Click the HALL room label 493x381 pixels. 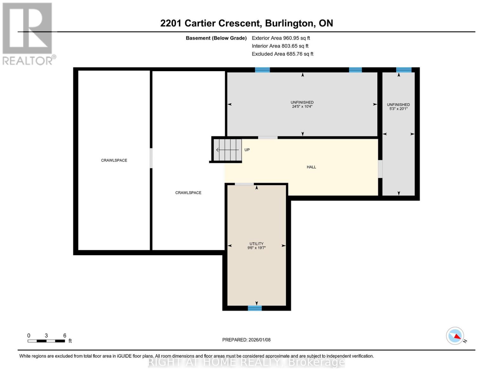311,167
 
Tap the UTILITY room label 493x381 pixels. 256,244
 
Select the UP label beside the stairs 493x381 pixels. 247,150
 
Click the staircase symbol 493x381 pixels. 227,150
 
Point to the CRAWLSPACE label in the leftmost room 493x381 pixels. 114,160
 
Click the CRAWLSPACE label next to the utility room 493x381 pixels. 188,193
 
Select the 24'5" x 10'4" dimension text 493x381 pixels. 302,107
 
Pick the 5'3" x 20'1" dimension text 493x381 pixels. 398,109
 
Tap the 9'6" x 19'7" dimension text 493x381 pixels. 256,248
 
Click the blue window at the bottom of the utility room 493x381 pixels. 255,308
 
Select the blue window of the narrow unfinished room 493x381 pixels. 403,70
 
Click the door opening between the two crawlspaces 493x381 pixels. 151,158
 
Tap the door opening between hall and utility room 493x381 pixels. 244,184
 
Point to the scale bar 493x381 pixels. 46,341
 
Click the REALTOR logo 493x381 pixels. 28,33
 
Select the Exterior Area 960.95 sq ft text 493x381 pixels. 281,38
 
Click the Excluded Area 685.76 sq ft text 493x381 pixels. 282,54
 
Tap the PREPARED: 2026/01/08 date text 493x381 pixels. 246,340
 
